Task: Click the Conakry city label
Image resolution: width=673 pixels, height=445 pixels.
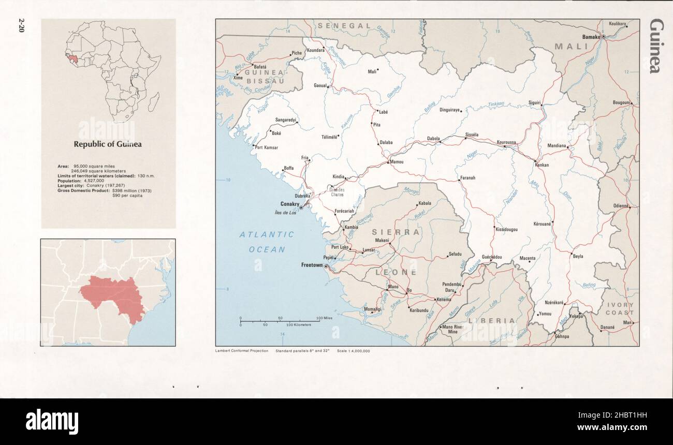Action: [x=290, y=204]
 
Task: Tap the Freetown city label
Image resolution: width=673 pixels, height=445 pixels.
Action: [x=312, y=265]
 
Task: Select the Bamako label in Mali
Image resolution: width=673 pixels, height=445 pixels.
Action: [x=591, y=37]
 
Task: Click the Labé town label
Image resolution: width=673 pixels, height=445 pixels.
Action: [x=383, y=112]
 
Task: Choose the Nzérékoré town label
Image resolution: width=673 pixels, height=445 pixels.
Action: [x=554, y=303]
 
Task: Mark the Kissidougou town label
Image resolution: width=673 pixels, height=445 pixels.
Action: [x=506, y=229]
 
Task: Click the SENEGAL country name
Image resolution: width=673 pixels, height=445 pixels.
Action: [x=344, y=25]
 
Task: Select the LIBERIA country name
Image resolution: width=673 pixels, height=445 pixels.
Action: [x=492, y=321]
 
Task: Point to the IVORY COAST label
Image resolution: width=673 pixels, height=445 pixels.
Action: [x=620, y=309]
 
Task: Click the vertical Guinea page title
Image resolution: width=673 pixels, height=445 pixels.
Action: [x=655, y=46]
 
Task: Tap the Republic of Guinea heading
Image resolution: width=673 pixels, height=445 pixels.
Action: [x=108, y=144]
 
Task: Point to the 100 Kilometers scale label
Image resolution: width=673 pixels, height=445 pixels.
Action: [x=299, y=325]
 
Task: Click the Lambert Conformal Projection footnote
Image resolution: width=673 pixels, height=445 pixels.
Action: [x=242, y=351]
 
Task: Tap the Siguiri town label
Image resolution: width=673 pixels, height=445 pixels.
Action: [x=535, y=102]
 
